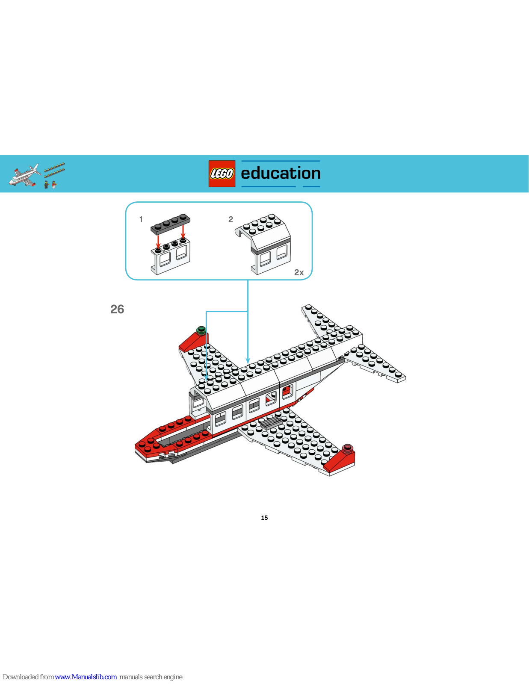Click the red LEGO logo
pos(222,174)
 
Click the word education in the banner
pos(281,173)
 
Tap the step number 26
pos(117,309)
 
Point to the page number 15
pos(264,518)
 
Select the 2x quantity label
pos(299,273)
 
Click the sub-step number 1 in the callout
pos(141,219)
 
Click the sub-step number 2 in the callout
pos(231,219)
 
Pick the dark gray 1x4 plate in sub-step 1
pos(170,224)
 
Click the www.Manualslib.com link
pos(86,677)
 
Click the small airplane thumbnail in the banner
pos(24,175)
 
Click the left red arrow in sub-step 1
pos(158,242)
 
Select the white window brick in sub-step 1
pos(170,256)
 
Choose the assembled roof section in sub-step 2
pos(263,244)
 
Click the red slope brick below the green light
pos(192,342)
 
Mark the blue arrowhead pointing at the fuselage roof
pos(248,361)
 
